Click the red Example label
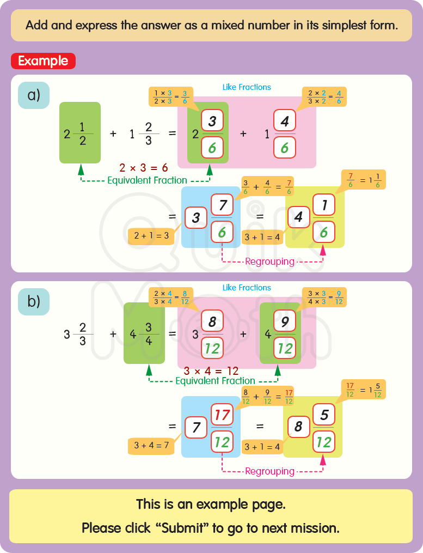[43, 61]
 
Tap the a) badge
[34, 95]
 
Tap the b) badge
[34, 301]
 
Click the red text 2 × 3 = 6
[144, 168]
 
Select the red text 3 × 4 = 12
[211, 372]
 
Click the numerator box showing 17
[222, 416]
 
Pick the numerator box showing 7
[222, 206]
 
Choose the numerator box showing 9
[285, 323]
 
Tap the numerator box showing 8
[212, 322]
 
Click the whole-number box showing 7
[196, 428]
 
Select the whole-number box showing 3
[196, 218]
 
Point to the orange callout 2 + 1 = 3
[151, 236]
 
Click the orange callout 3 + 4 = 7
[151, 445]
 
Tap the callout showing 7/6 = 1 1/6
[364, 179]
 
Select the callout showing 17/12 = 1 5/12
[363, 389]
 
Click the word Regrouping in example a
[270, 262]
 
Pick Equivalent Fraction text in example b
[215, 381]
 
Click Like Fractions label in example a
[247, 87]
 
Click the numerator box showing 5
[324, 416]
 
